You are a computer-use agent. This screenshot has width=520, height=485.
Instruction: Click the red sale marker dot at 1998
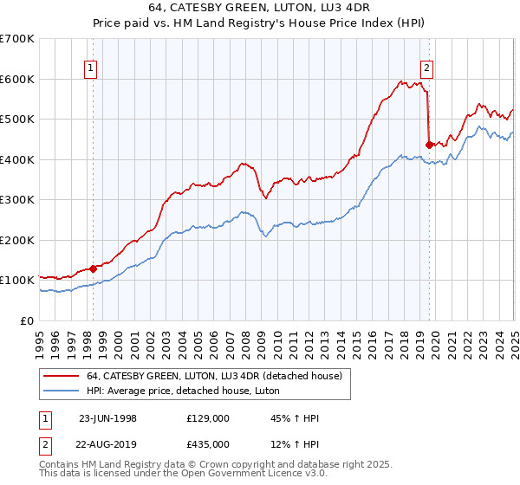94,268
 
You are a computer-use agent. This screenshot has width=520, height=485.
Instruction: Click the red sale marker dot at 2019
429,145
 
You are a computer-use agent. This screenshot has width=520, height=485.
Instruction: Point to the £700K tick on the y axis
17,39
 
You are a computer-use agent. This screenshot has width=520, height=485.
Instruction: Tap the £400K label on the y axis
17,159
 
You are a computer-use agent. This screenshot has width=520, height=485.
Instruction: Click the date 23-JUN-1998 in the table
108,417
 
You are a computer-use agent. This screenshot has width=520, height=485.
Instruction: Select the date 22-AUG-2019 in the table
108,445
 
